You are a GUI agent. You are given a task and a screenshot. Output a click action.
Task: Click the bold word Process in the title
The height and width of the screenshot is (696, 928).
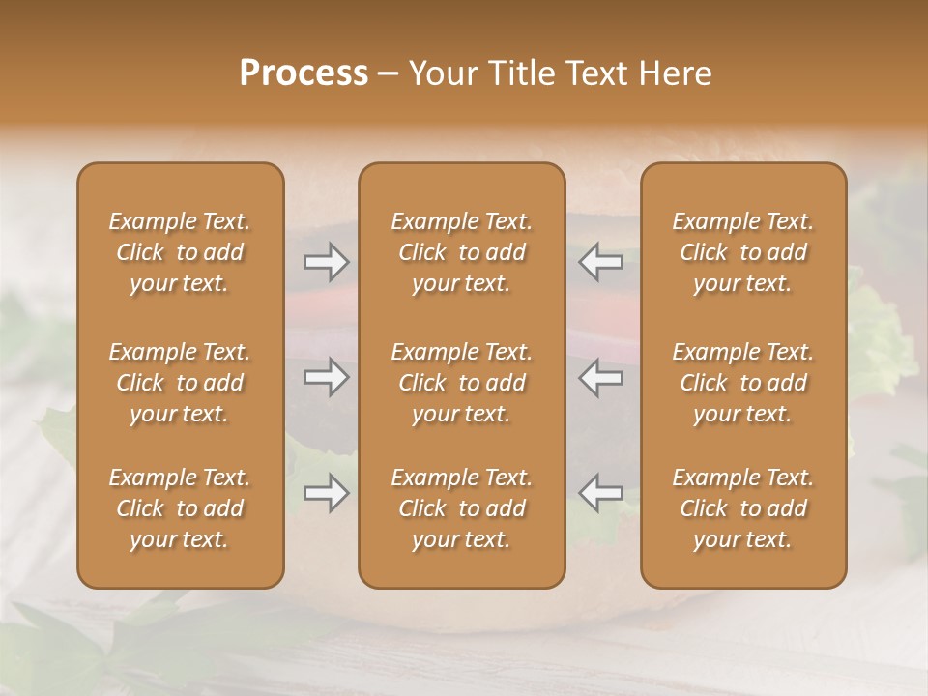tap(304, 73)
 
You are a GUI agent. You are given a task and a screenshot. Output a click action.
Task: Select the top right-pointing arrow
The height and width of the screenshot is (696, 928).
tap(327, 262)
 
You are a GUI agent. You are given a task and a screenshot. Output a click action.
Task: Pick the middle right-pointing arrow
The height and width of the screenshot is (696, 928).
tap(327, 377)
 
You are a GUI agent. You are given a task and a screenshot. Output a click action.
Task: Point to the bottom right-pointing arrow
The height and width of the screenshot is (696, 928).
tap(327, 493)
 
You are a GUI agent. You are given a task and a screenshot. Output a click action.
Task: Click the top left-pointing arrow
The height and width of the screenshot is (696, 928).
tap(601, 262)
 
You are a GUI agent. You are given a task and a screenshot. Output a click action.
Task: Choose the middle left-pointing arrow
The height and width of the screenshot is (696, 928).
tap(601, 377)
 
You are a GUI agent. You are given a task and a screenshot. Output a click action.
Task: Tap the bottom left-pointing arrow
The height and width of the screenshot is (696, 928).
tap(601, 493)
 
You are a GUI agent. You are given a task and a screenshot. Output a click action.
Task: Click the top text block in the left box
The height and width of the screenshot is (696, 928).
tap(180, 252)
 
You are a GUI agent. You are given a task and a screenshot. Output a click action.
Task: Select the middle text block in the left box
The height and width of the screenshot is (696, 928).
tap(180, 383)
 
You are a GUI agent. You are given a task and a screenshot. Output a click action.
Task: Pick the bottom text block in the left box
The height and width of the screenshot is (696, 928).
tap(180, 508)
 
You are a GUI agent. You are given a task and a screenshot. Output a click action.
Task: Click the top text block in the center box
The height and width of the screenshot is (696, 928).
tap(462, 252)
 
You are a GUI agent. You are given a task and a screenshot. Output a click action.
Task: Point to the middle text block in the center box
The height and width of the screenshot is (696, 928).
tap(462, 383)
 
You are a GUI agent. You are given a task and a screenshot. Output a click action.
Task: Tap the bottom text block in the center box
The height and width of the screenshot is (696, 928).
tap(462, 508)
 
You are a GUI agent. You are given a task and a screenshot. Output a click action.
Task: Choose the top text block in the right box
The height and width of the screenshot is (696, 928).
tap(743, 252)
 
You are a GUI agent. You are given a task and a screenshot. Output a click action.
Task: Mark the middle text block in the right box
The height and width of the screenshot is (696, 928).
tap(743, 383)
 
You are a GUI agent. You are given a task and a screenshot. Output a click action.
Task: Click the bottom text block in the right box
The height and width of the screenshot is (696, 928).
tap(743, 508)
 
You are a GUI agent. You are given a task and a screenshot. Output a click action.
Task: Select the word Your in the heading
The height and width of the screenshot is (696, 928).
tap(440, 73)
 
